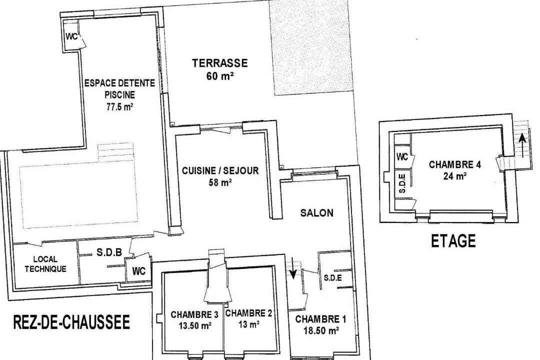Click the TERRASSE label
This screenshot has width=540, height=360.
coord(219,63)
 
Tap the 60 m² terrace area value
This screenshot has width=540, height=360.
coord(220,76)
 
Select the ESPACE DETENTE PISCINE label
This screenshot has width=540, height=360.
coord(120,88)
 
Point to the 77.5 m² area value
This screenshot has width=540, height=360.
coord(119,107)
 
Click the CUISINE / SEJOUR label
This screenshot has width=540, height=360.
coord(220,170)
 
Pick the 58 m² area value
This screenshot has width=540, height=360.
coord(220,182)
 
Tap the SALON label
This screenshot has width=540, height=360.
coord(317,213)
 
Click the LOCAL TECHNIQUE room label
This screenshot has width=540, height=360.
coord(45,264)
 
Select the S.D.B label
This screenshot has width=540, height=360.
coord(109,253)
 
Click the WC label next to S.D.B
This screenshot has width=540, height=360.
coord(139,271)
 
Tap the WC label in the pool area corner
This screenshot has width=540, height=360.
coord(71,36)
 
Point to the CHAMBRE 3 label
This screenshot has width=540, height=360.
coord(194,314)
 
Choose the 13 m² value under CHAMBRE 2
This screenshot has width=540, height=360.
coord(248,324)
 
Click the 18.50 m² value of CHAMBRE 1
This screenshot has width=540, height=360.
coord(320,330)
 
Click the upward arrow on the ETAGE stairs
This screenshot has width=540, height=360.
coord(523,145)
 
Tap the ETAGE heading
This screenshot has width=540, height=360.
coord(453,241)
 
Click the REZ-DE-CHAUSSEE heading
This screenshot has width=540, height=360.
coord(71,322)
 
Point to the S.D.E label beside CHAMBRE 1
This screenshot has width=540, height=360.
coord(333,277)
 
